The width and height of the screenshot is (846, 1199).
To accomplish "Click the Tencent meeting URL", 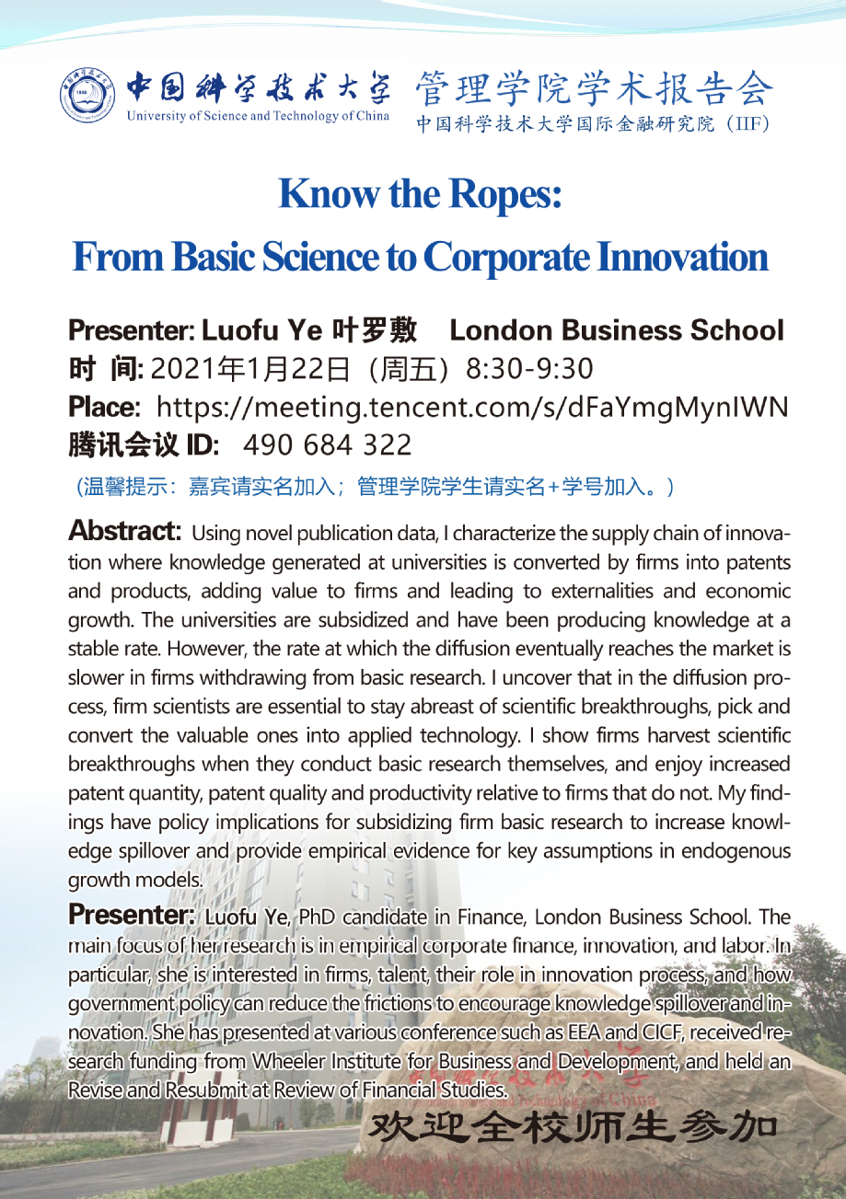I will [472, 406].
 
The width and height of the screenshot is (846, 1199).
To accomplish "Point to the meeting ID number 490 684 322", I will [327, 445].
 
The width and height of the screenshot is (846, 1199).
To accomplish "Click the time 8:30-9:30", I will [529, 368].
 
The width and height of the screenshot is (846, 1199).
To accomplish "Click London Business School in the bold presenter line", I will [617, 330].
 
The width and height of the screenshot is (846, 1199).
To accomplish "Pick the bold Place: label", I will [104, 406].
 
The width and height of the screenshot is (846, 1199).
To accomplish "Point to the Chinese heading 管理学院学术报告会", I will [595, 89].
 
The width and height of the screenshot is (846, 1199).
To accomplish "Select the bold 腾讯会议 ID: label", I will [144, 445].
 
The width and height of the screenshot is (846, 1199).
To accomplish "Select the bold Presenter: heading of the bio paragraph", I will [132, 917].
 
